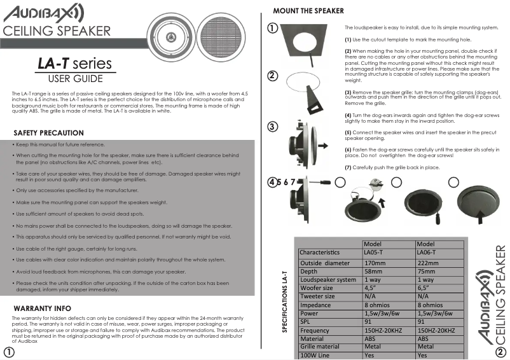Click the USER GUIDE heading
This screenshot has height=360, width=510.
[x=76, y=79]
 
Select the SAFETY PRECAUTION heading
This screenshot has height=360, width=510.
[x=48, y=133]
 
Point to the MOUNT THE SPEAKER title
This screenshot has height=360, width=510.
[x=308, y=11]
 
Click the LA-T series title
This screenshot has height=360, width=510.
[x=74, y=64]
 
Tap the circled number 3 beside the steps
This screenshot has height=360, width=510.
[x=272, y=126]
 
